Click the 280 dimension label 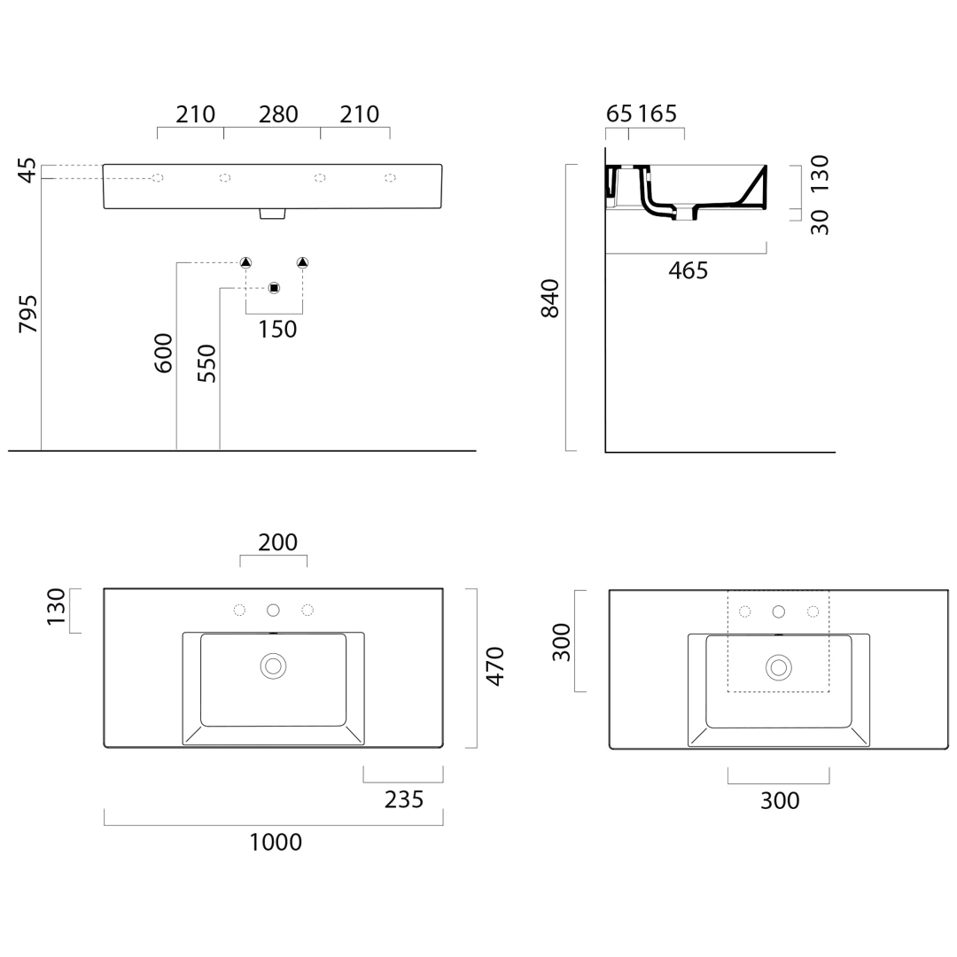(x=278, y=114)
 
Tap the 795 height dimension (x=28, y=314)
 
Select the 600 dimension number (x=164, y=353)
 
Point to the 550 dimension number (x=206, y=364)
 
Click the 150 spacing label (x=277, y=330)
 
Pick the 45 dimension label (x=28, y=170)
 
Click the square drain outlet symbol (x=274, y=288)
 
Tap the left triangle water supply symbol (x=245, y=263)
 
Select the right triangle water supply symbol (x=303, y=263)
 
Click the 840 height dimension (x=550, y=299)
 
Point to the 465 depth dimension (x=689, y=270)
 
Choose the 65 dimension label (x=619, y=113)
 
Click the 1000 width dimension (x=276, y=843)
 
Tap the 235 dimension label (x=404, y=799)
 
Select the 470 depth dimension (x=495, y=666)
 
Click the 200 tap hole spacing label (x=277, y=542)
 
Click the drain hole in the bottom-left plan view (x=274, y=666)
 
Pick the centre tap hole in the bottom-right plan (x=779, y=611)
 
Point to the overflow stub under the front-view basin (x=273, y=214)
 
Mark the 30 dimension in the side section (x=820, y=222)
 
